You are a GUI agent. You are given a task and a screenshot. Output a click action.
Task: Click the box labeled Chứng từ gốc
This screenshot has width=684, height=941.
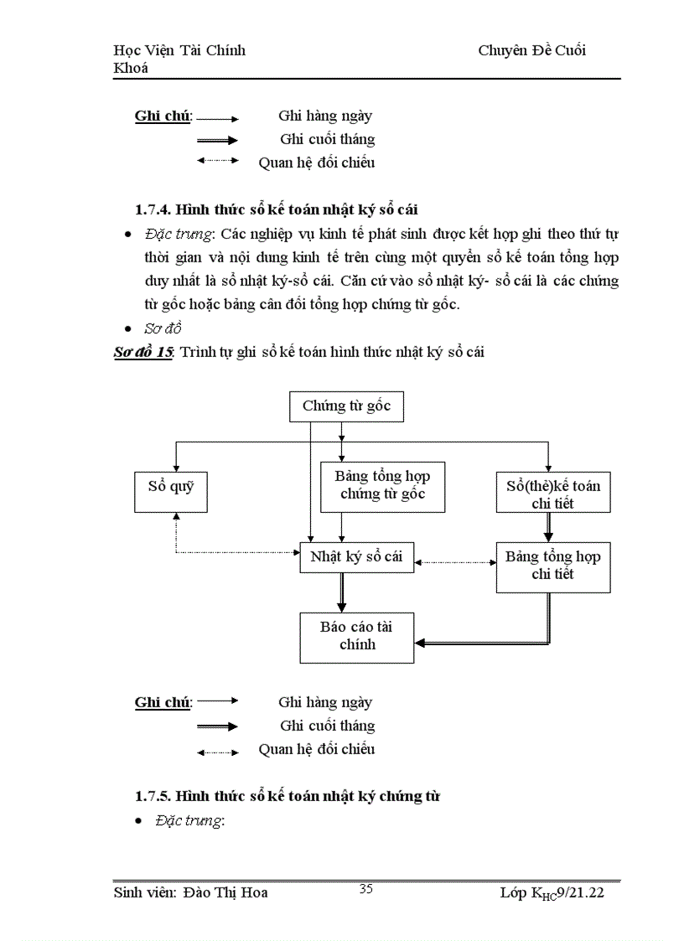tap(340, 406)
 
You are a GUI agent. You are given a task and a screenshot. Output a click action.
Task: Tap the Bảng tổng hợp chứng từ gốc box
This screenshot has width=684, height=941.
tap(382, 486)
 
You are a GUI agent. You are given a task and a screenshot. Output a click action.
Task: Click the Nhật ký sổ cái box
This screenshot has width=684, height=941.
tap(356, 557)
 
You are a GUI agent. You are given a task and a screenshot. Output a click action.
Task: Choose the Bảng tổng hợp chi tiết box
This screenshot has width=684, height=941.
tap(552, 566)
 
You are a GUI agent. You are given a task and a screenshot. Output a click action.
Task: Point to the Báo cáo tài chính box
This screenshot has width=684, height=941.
tap(356, 637)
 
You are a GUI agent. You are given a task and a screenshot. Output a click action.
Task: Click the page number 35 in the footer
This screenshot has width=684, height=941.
tap(365, 889)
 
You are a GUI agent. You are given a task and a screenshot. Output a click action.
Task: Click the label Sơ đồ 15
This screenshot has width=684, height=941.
tap(143, 353)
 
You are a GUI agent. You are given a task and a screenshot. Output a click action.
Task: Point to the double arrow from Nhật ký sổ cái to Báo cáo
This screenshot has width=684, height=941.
tap(341, 593)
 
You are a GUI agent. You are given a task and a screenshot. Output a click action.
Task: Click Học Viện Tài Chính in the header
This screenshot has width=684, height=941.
tap(179, 50)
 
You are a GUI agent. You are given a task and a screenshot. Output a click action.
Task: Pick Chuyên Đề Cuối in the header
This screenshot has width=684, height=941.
tap(531, 50)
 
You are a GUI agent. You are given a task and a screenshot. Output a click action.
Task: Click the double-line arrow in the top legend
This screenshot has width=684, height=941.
tap(217, 141)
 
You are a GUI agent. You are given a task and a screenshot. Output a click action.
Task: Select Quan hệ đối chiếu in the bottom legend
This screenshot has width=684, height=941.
tap(316, 749)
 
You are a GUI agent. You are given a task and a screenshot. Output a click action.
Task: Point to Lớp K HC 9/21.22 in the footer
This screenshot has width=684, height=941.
tap(552, 894)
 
